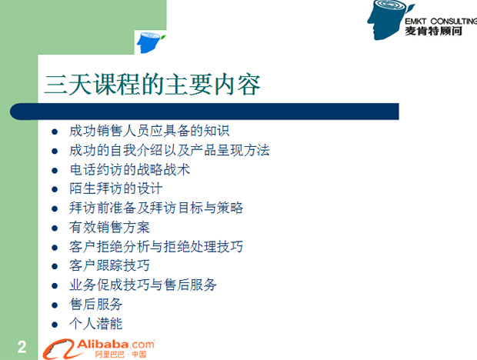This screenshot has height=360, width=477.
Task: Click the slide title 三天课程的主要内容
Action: click(152, 84)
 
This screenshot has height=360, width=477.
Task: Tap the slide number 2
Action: click(22, 347)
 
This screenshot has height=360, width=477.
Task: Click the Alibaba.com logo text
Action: click(115, 345)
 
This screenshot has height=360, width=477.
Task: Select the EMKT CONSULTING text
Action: click(441, 22)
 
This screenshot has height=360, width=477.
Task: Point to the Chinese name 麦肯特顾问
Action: click(433, 31)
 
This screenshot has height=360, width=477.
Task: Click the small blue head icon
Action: click(150, 42)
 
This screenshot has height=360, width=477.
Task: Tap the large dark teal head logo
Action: click(390, 19)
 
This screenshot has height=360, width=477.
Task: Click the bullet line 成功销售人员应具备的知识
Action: click(149, 131)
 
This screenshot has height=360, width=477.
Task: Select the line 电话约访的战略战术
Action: click(129, 170)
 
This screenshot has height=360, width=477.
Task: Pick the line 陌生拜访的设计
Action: click(116, 188)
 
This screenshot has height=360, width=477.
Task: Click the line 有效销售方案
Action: click(109, 228)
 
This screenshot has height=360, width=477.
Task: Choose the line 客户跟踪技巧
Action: click(109, 265)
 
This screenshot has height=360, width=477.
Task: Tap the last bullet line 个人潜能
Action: click(96, 324)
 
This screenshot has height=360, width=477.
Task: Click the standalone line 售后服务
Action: click(96, 305)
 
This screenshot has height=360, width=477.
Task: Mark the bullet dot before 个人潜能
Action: click(55, 325)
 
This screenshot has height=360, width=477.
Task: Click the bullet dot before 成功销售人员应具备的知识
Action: click(55, 132)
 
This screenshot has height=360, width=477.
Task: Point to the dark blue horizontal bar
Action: click(205, 112)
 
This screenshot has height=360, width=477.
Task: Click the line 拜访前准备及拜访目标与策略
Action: click(156, 208)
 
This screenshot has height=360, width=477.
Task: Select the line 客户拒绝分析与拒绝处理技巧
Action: click(156, 247)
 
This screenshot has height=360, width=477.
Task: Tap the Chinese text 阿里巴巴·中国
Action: click(121, 355)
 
